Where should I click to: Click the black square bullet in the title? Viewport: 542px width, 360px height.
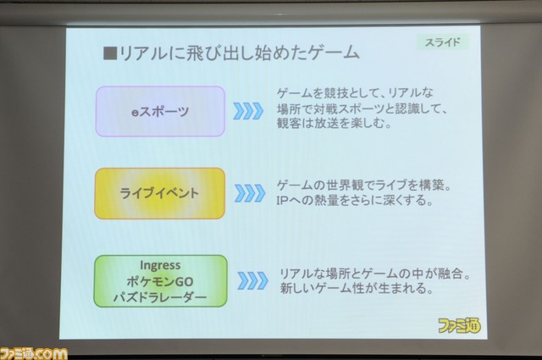click(x=110, y=53)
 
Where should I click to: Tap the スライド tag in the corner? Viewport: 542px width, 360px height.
click(x=443, y=42)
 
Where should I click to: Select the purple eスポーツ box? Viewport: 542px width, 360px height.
click(x=160, y=111)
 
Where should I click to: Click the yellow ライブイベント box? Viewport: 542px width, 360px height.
click(x=160, y=193)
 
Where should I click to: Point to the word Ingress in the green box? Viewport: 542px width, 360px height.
click(x=160, y=265)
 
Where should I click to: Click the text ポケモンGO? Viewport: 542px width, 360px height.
click(x=160, y=281)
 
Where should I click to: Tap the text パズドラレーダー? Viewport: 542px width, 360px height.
click(x=160, y=297)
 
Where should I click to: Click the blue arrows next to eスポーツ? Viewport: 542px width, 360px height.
click(x=248, y=111)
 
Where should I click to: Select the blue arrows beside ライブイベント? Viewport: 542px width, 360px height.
click(x=250, y=193)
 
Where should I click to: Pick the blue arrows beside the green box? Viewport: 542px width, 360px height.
click(x=252, y=280)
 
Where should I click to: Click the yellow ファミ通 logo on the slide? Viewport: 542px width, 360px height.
click(x=459, y=325)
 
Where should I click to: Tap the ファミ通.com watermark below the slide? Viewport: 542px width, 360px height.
click(x=34, y=354)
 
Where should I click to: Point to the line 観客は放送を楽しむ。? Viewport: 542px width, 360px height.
click(x=334, y=124)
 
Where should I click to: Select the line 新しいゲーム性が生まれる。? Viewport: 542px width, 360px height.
click(x=357, y=288)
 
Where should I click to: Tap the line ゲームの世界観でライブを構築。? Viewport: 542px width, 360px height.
click(x=364, y=186)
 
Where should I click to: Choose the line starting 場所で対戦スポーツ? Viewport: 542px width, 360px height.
click(x=362, y=109)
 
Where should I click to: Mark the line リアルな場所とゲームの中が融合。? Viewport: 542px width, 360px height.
click(x=375, y=274)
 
